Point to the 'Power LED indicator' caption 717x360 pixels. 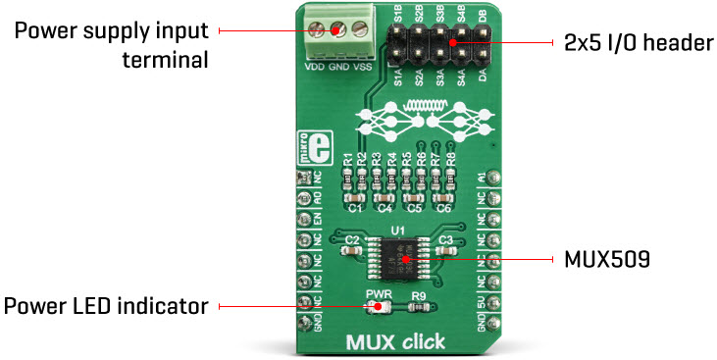(106, 306)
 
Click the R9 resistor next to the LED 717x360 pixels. (419, 307)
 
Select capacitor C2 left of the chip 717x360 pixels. (353, 250)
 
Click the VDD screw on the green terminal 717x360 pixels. (317, 29)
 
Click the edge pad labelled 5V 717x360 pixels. (498, 304)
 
